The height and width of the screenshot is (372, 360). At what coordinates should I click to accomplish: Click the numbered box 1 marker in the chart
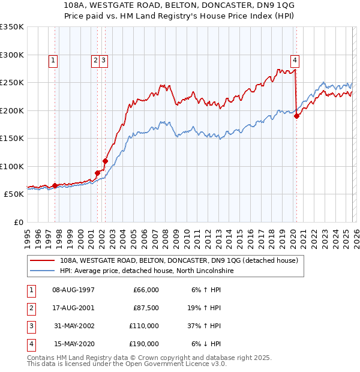click(x=53, y=60)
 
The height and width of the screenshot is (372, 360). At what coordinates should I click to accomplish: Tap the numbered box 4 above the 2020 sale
click(x=295, y=60)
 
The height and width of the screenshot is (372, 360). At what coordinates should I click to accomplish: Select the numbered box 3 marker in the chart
click(x=104, y=60)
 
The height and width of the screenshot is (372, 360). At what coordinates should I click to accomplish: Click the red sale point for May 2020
click(x=296, y=116)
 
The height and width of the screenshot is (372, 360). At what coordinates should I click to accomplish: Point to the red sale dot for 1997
click(x=55, y=185)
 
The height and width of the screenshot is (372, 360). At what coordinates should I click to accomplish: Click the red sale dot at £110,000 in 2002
click(x=105, y=161)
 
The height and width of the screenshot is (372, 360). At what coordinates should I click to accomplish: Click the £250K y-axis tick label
click(x=12, y=82)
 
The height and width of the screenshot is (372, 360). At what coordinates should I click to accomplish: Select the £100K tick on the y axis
click(x=12, y=166)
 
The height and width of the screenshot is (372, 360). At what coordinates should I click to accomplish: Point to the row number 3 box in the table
click(x=29, y=326)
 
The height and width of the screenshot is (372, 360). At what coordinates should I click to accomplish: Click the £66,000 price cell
click(x=145, y=290)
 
